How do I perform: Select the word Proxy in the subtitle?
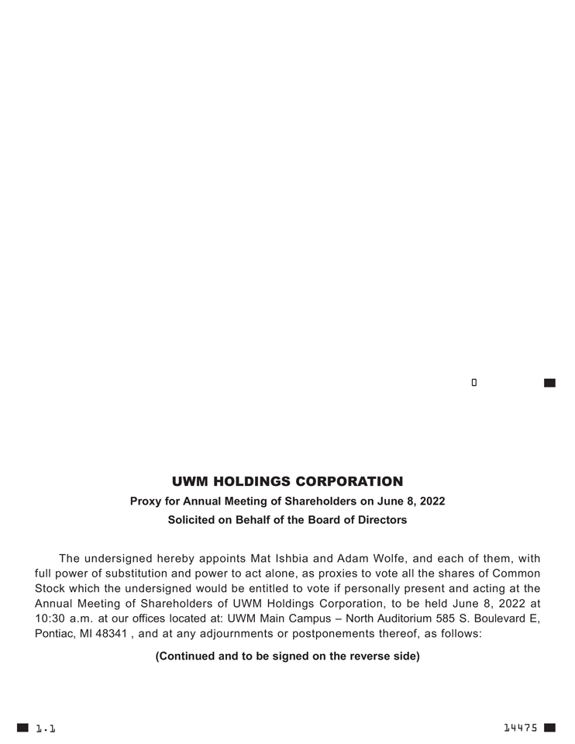point(145,501)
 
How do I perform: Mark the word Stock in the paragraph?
point(51,588)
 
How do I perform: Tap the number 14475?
point(521,728)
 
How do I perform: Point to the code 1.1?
point(46,728)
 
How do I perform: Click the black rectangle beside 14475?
point(550,728)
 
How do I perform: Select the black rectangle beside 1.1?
point(22,728)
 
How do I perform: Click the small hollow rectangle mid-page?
point(474,383)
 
